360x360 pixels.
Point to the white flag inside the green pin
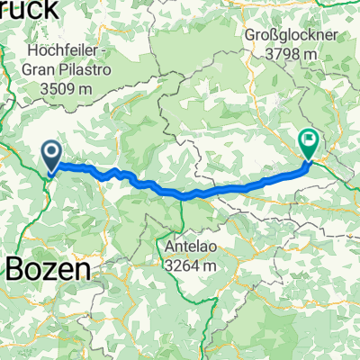pos(309,139)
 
